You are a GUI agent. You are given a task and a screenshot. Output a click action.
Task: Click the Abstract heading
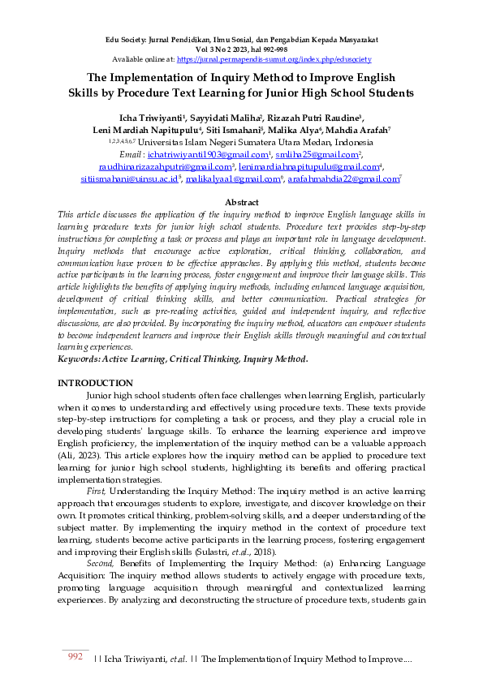242,202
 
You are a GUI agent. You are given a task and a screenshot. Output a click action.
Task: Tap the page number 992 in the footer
75,657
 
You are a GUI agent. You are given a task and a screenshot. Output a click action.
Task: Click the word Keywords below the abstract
83,358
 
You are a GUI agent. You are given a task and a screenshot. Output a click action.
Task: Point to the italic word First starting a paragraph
96,492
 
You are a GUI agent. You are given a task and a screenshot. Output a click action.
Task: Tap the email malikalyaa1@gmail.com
239,178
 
